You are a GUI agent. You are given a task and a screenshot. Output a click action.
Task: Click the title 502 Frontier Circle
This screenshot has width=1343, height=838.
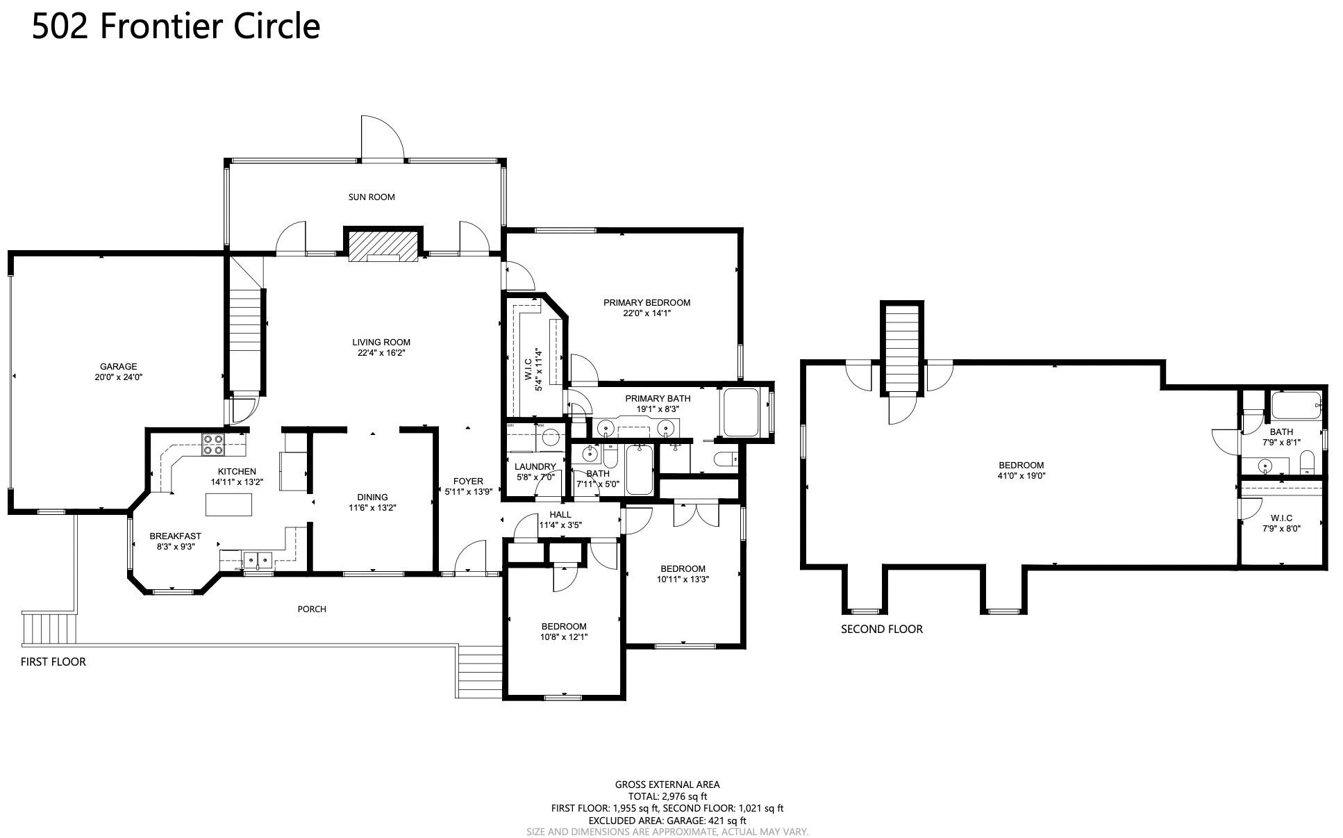[176, 26]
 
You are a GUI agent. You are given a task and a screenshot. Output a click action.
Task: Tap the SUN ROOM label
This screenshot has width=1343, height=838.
[372, 197]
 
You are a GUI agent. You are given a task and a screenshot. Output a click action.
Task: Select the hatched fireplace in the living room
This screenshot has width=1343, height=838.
[384, 246]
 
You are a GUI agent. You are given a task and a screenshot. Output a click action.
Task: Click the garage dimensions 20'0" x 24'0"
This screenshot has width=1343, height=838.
[118, 377]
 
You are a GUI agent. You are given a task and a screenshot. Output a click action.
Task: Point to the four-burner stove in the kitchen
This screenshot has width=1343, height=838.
[212, 444]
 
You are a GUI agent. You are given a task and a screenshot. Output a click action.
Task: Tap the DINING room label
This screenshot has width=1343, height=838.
[372, 497]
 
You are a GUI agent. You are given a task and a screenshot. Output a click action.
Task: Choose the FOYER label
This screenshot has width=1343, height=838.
[468, 481]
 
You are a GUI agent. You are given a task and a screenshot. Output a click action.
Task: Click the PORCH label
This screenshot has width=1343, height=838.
[312, 609]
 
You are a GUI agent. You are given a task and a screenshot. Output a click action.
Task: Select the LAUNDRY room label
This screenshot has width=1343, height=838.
[535, 467]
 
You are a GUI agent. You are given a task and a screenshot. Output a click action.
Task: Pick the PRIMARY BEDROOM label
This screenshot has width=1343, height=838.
[647, 303]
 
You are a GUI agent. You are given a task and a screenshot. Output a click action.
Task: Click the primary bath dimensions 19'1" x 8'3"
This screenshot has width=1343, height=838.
[658, 409]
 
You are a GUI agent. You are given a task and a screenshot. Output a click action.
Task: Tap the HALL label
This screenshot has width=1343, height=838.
[560, 515]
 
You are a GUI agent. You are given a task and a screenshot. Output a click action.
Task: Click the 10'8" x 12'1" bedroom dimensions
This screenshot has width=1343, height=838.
[564, 636]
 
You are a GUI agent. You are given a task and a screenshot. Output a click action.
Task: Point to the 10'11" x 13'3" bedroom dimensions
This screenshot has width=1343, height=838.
[683, 579]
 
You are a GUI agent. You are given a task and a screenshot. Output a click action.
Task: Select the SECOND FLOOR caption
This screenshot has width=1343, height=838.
[882, 630]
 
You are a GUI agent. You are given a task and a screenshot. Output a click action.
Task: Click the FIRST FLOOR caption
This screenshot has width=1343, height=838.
[53, 662]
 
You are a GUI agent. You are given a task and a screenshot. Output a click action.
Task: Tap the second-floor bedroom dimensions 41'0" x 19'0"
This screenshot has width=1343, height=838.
[1021, 476]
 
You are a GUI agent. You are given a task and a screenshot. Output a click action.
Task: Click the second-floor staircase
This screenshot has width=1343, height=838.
[902, 348]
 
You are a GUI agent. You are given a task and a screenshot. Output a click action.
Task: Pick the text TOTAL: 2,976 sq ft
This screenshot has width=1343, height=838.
[667, 796]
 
